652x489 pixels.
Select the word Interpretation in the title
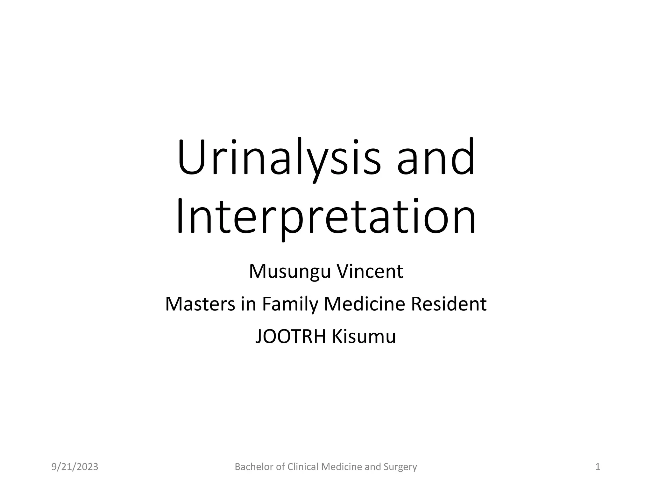pos(326,216)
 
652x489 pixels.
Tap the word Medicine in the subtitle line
pos(365,304)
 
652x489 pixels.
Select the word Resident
pos(449,304)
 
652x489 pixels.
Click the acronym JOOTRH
pos(291,337)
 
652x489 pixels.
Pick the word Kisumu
pos(364,337)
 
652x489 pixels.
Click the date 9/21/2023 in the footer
pos(75,467)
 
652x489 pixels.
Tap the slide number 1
pos(598,467)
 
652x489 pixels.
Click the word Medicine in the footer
pos(342,467)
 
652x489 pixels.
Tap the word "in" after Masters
pos(249,304)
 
